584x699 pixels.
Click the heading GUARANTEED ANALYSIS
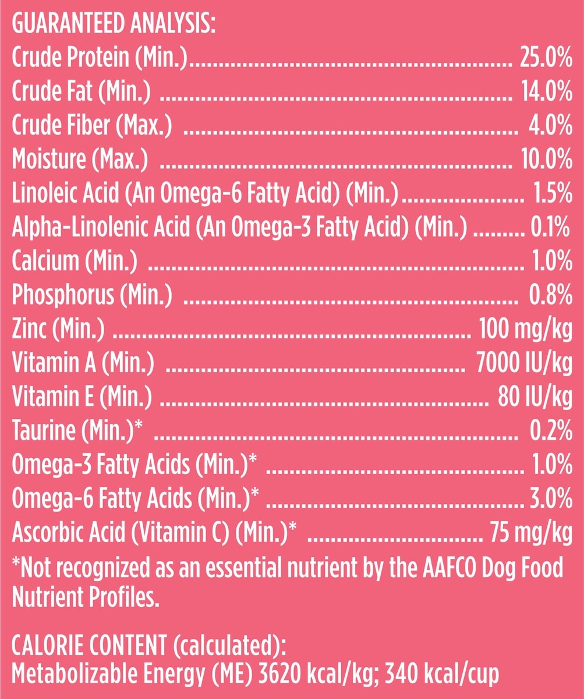coord(114,26)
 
